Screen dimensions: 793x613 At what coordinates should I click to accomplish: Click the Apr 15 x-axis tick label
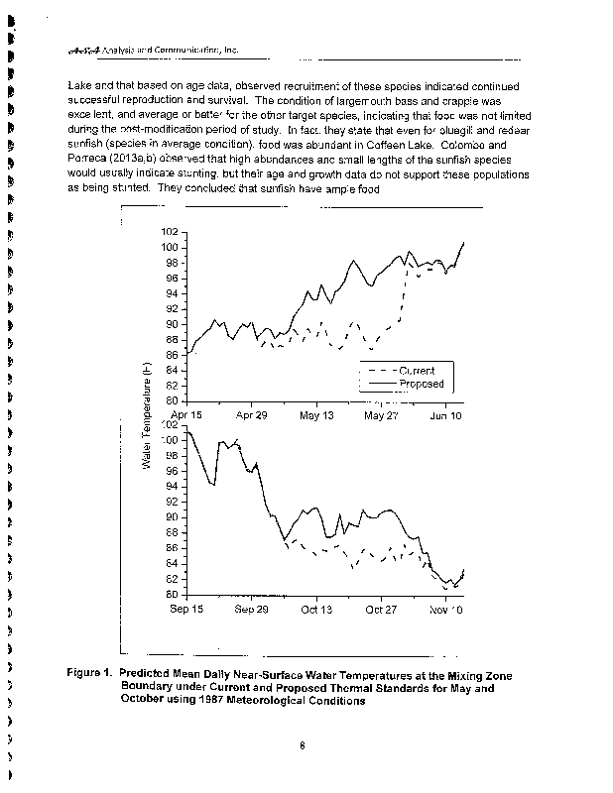click(186, 416)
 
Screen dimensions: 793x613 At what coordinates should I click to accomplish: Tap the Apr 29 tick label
click(252, 416)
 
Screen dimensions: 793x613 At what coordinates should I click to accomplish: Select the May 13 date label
click(316, 416)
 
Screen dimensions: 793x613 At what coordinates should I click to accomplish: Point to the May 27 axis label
click(381, 416)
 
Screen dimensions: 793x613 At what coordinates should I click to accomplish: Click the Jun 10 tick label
click(445, 416)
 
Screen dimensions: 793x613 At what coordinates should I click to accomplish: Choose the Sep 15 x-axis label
click(186, 610)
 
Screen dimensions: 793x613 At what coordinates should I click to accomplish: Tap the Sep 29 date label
click(252, 610)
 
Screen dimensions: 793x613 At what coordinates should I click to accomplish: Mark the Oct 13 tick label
click(316, 610)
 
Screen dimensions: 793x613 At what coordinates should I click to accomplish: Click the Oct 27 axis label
click(381, 610)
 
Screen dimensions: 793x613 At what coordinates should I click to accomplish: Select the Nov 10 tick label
click(445, 610)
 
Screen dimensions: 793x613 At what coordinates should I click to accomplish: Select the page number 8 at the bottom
click(302, 748)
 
